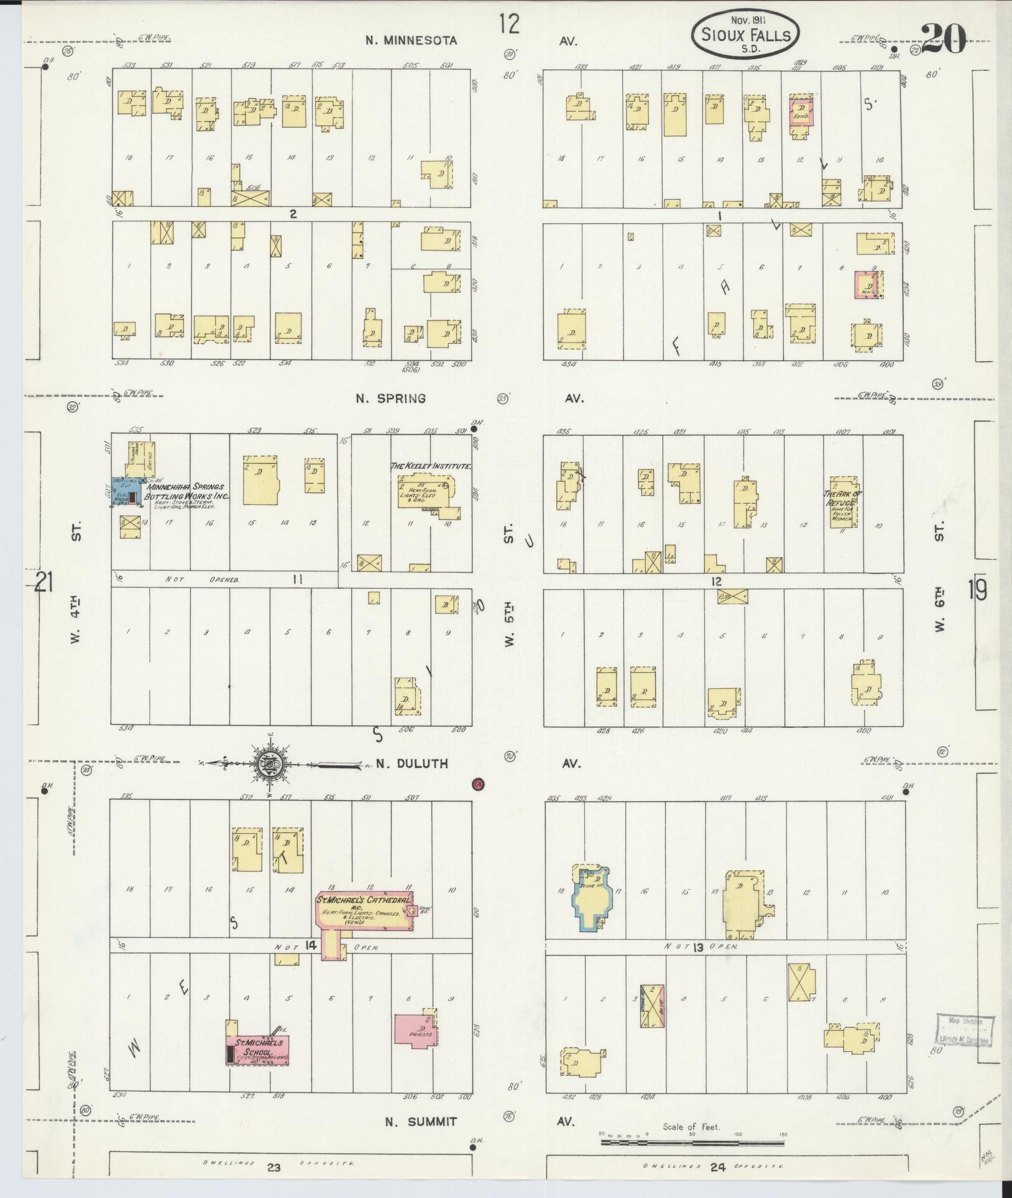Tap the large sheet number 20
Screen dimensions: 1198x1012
pyautogui.click(x=944, y=39)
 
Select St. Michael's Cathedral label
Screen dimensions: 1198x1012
pyautogui.click(x=364, y=900)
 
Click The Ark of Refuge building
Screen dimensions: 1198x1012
pyautogui.click(x=844, y=502)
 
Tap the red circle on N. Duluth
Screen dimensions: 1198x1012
pyautogui.click(x=477, y=784)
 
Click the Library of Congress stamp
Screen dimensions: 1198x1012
pyautogui.click(x=963, y=1030)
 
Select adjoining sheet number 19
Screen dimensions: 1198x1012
pyautogui.click(x=976, y=590)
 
